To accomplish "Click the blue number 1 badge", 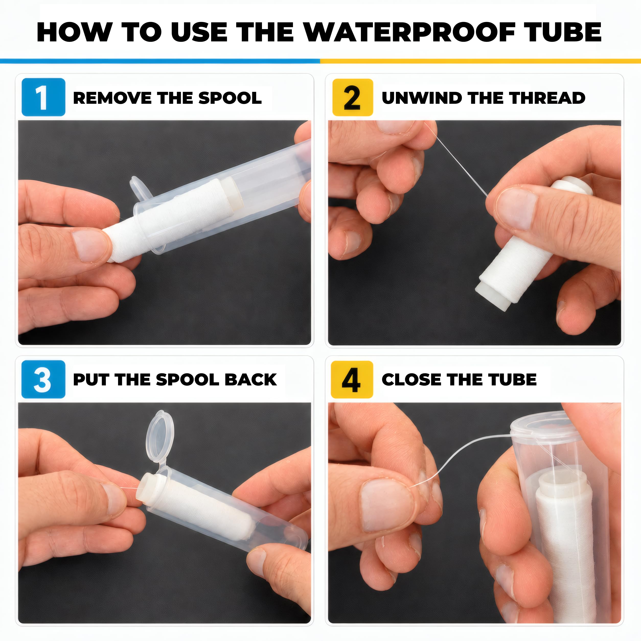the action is (x=43, y=97).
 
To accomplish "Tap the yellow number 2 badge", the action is (x=353, y=97).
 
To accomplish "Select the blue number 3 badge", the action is (x=43, y=379).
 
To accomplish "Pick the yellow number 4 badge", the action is (x=352, y=380).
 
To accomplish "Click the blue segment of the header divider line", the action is (x=160, y=61).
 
